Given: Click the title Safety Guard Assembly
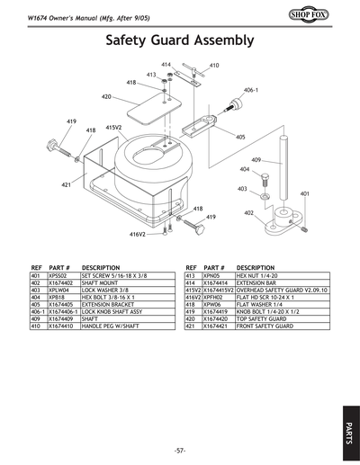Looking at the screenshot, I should click(180, 40).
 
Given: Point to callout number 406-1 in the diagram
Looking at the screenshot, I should click(251, 91).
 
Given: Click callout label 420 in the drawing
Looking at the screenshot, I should click(106, 96).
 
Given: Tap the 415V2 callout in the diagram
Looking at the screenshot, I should click(114, 128).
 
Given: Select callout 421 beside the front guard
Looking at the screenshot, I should click(67, 184).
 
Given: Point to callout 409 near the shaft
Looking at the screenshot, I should click(256, 160).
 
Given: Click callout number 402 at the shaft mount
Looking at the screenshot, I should click(248, 212).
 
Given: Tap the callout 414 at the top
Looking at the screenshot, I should click(166, 65).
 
